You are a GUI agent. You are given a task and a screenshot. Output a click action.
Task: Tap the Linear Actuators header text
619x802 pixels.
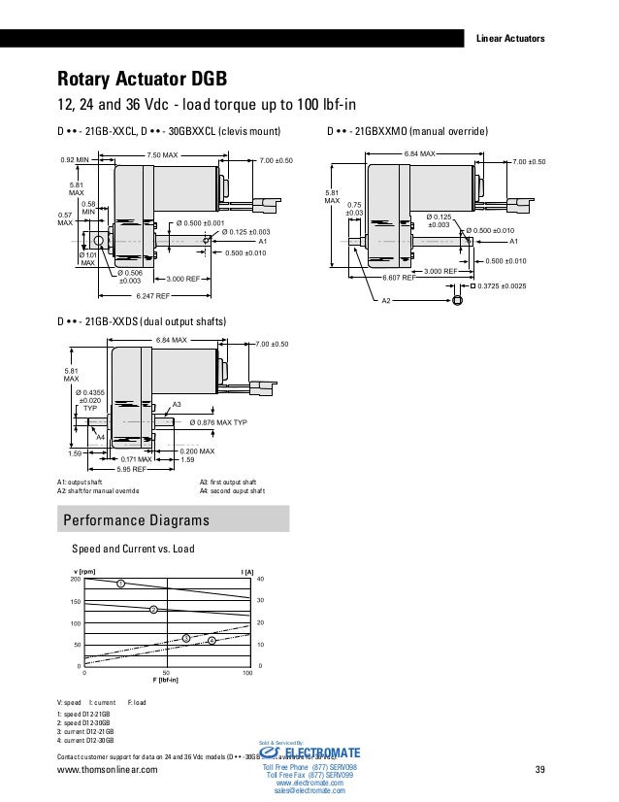pyautogui.click(x=513, y=39)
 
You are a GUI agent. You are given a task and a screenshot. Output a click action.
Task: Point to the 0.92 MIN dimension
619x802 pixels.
pyautogui.click(x=77, y=159)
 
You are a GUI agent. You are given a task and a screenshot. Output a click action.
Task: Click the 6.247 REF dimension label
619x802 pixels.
pyautogui.click(x=153, y=295)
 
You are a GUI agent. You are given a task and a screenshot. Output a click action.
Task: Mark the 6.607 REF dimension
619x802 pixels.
pyautogui.click(x=399, y=278)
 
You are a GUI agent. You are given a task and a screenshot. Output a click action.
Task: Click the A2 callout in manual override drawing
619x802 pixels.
pyautogui.click(x=385, y=301)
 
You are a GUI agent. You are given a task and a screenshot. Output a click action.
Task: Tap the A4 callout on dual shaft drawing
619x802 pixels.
pyautogui.click(x=100, y=437)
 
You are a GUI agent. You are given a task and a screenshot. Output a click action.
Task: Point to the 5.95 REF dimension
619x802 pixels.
pyautogui.click(x=133, y=469)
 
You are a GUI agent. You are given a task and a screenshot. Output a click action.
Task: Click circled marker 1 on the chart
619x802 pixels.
pyautogui.click(x=121, y=584)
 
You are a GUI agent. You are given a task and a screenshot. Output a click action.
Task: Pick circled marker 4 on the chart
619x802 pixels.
pyautogui.click(x=211, y=641)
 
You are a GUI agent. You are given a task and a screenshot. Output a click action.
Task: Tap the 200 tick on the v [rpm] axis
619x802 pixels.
pyautogui.click(x=76, y=580)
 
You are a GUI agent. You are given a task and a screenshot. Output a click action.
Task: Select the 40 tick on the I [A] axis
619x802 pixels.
pyautogui.click(x=260, y=580)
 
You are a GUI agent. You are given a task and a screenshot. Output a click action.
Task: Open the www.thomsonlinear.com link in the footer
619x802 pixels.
pyautogui.click(x=108, y=770)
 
